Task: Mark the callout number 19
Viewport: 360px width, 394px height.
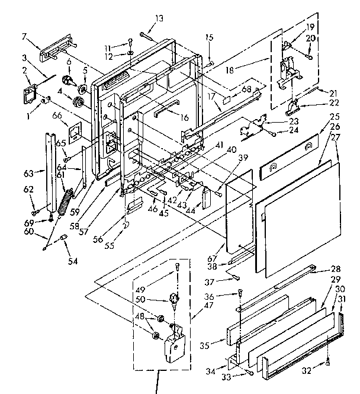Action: click(x=310, y=27)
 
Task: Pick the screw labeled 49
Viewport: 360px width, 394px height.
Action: click(x=176, y=271)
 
